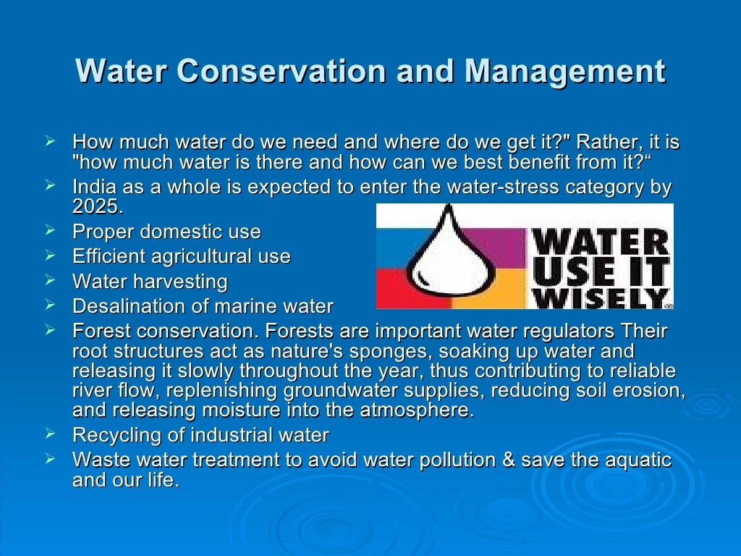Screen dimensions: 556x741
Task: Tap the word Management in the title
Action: pos(564,72)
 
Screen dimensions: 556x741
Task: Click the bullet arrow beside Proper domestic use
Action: pos(50,230)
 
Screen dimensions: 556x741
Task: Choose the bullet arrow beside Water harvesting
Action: pos(50,279)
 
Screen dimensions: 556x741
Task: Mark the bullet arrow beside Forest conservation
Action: pos(50,330)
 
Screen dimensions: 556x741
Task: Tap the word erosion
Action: pos(648,391)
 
